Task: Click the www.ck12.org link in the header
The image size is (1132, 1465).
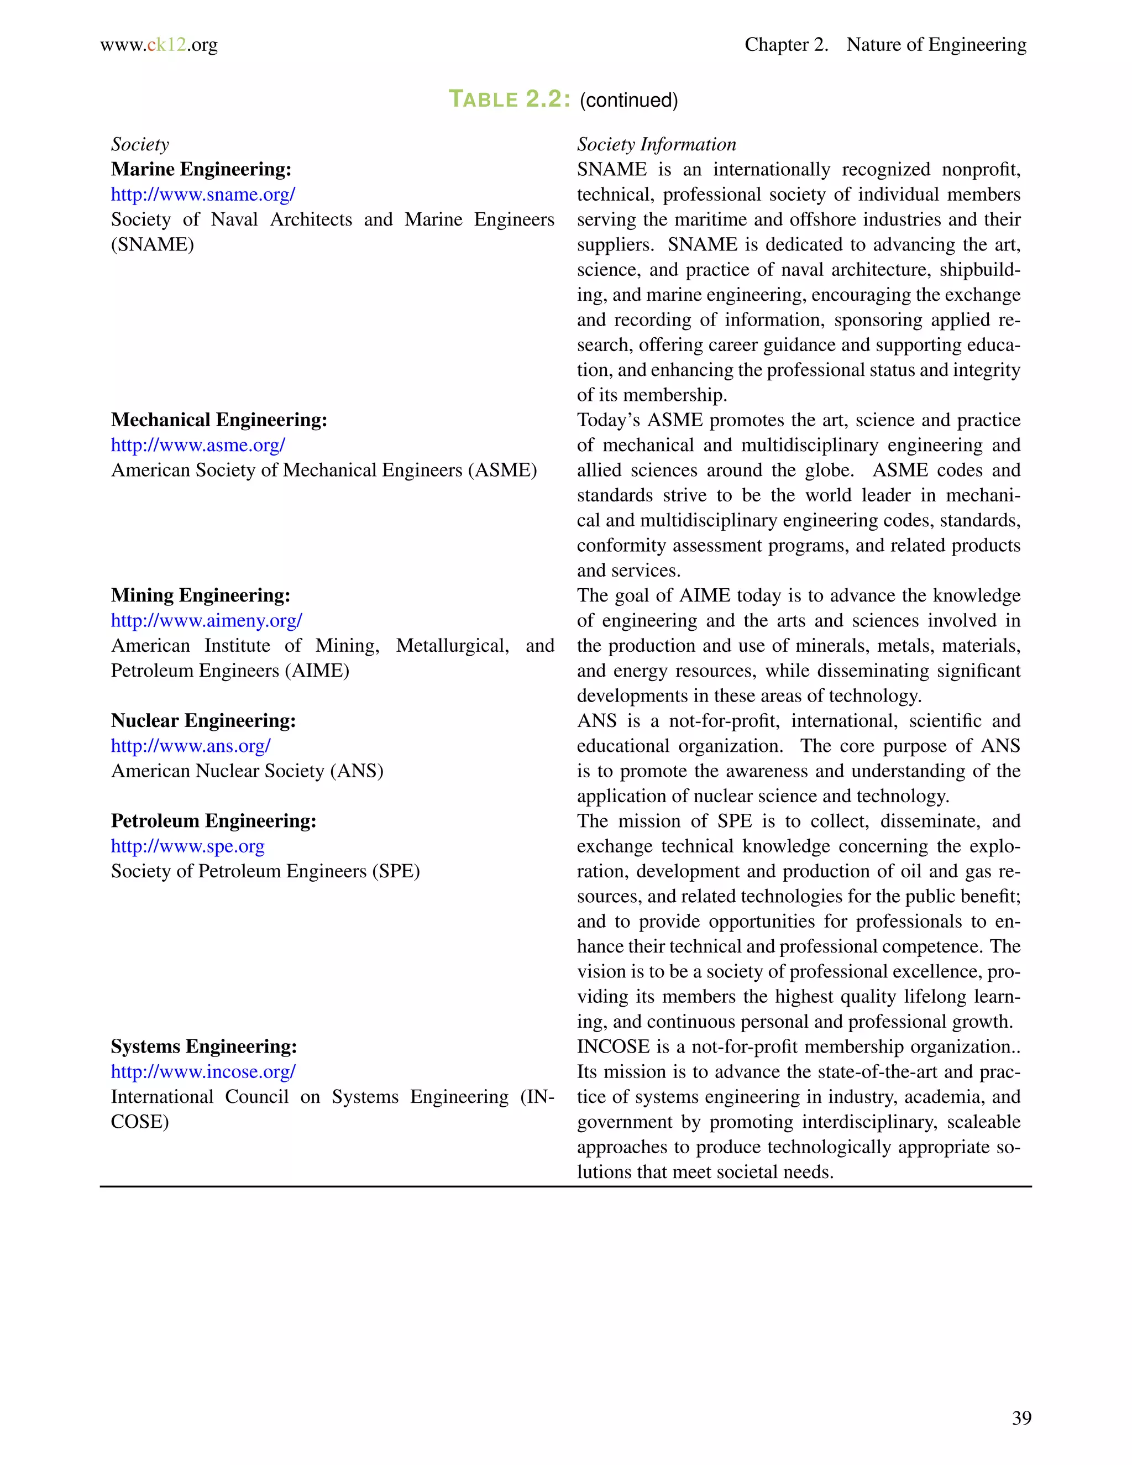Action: click(159, 45)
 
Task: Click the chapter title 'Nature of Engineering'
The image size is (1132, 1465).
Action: click(936, 45)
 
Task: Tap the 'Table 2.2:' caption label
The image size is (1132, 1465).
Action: click(509, 100)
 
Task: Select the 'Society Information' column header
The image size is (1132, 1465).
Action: click(657, 144)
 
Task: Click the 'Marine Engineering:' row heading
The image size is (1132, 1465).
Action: click(201, 169)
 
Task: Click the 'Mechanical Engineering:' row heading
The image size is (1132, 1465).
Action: click(219, 420)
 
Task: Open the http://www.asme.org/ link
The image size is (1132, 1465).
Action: click(198, 446)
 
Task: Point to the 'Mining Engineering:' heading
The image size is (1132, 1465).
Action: click(201, 595)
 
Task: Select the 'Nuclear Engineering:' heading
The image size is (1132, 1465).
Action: click(203, 721)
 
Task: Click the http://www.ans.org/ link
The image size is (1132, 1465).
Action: click(191, 746)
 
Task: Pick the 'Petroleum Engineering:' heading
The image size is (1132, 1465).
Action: click(213, 821)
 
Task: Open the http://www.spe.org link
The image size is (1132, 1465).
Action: click(188, 846)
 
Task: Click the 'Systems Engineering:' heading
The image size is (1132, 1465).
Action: click(204, 1047)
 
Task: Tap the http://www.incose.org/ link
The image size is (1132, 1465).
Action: click(203, 1072)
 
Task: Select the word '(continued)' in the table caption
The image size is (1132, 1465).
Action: click(628, 101)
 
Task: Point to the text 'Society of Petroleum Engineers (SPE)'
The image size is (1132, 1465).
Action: click(265, 871)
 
